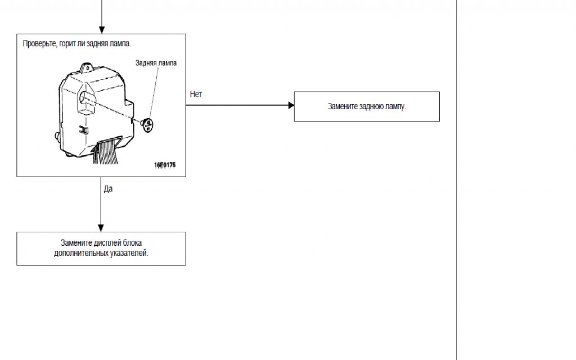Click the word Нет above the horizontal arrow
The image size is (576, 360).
tap(196, 94)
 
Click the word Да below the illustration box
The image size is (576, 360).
tap(108, 189)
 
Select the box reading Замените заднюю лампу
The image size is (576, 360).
tap(367, 106)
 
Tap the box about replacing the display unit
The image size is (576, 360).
tap(101, 249)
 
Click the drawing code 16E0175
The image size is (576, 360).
tap(165, 165)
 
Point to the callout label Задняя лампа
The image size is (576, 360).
tap(156, 63)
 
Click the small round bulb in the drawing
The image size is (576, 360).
tap(148, 124)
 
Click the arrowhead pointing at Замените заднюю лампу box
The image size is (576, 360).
tap(290, 105)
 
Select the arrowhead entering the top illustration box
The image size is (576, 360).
tap(102, 29)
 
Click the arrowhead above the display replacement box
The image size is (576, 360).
tap(101, 228)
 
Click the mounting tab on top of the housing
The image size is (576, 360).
tap(87, 67)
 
